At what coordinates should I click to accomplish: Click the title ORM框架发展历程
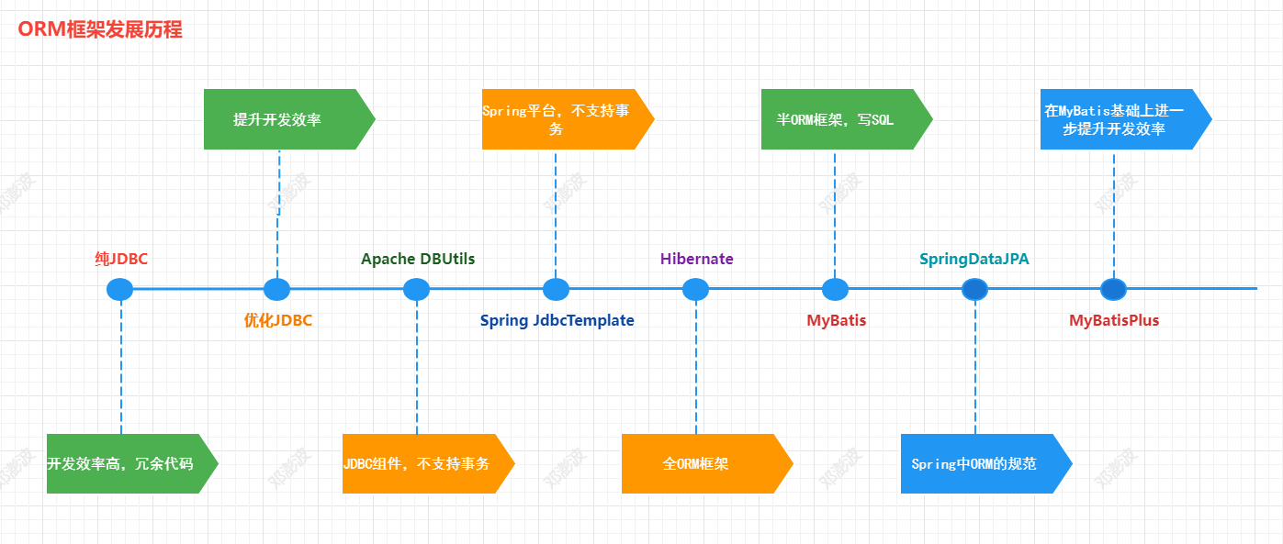coord(100,29)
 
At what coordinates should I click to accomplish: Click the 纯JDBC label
coord(121,259)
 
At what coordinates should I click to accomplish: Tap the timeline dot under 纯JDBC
coord(119,289)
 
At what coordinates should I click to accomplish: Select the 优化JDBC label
coord(277,320)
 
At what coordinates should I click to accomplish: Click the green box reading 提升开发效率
coord(280,119)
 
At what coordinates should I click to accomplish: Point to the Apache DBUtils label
coord(418,259)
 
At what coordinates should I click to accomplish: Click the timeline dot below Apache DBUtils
coord(416,289)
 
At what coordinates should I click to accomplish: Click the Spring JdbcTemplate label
coord(557,320)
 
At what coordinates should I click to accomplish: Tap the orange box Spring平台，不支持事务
coord(558,119)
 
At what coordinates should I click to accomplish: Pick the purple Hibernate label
coord(696,259)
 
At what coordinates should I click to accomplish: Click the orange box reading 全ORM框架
coord(698,463)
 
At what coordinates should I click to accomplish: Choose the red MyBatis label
coord(836,320)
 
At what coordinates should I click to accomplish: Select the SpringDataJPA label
coord(974,259)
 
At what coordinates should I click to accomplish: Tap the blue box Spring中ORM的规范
coord(977,463)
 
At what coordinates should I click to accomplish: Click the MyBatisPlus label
coord(1114,320)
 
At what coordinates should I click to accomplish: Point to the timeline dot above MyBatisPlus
coord(1113,289)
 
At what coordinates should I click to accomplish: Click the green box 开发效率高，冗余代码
coord(124,463)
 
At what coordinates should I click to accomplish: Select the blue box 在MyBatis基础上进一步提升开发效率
coord(1117,119)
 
